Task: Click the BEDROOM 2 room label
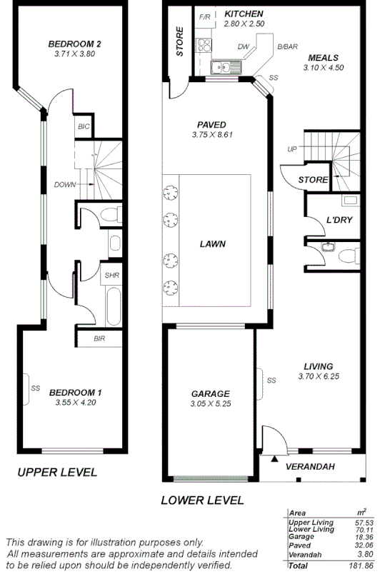[75, 44]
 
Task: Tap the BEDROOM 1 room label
[75, 392]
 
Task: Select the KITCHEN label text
[244, 14]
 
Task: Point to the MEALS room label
[323, 58]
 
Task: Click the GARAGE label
[210, 393]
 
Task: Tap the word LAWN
[213, 243]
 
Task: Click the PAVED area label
[212, 124]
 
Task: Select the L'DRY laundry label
[339, 221]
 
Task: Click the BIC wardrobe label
[83, 126]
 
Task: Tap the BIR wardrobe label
[99, 338]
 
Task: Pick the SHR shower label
[111, 275]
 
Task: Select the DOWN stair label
[65, 184]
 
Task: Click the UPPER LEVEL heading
[57, 472]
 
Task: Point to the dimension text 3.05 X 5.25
[210, 403]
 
